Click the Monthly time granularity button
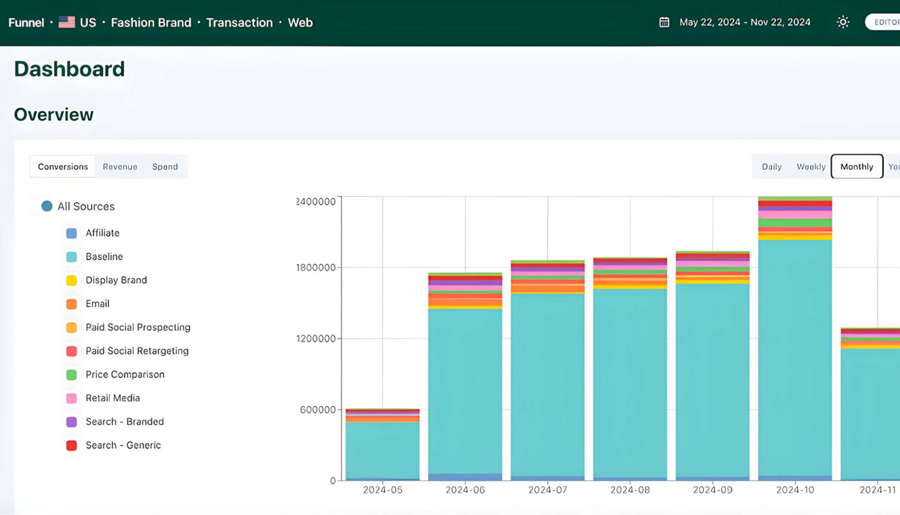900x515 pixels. [856, 167]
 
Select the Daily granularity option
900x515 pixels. [771, 167]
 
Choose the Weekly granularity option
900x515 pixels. [811, 167]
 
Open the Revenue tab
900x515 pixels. [120, 167]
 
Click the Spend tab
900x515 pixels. [165, 167]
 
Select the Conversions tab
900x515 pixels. [63, 167]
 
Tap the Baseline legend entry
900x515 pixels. [104, 257]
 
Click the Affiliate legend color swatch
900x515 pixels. [72, 233]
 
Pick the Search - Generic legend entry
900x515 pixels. [123, 445]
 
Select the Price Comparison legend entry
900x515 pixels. [125, 374]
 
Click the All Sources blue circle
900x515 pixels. [47, 206]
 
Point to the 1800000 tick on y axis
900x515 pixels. [316, 268]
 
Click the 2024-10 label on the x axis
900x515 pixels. [795, 490]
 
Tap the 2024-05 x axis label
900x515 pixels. [382, 490]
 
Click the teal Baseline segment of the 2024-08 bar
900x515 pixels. [630, 383]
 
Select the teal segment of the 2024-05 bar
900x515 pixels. [382, 451]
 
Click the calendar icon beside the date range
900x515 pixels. [664, 22]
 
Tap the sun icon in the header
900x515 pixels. [843, 22]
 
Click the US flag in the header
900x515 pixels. [67, 22]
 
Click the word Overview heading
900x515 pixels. [54, 115]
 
